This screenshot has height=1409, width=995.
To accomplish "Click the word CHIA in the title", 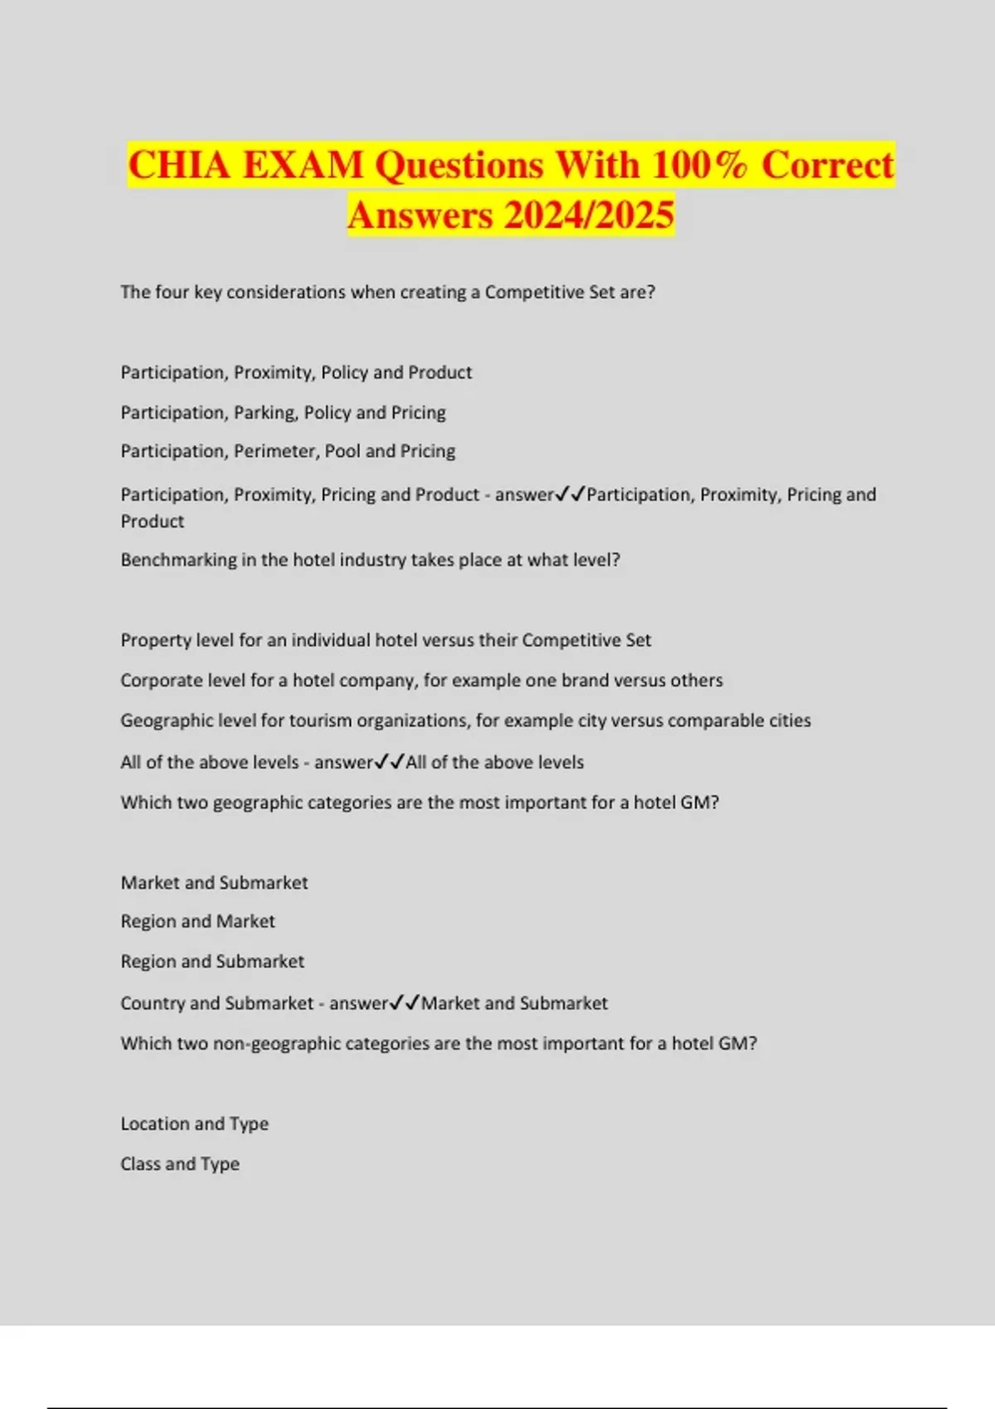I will click(179, 164).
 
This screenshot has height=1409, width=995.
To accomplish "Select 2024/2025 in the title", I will click(588, 215).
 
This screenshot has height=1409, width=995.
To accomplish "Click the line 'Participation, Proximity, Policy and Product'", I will click(296, 373).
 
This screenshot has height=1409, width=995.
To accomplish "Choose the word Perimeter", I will click(274, 452).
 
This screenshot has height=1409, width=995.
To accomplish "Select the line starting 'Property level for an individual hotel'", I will click(386, 641).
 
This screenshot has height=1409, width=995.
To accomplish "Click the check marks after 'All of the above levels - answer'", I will click(389, 762).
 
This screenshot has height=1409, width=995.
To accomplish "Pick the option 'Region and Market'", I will click(197, 922).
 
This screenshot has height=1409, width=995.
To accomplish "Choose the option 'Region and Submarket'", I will click(212, 961).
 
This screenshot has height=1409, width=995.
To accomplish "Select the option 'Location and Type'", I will click(194, 1124).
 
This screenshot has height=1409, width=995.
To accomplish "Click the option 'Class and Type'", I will click(180, 1164).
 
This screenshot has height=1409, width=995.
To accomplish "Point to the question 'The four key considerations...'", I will click(387, 293).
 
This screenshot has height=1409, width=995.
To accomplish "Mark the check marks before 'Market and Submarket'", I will click(405, 1003).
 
